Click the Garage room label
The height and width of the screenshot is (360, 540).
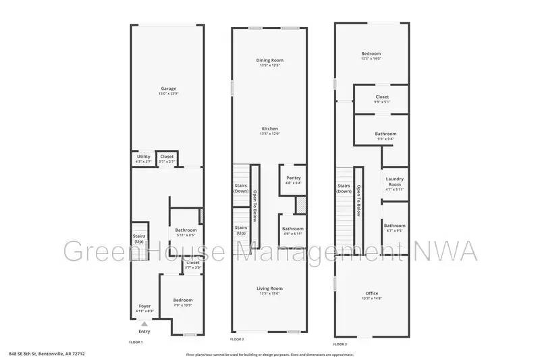[x=168, y=88]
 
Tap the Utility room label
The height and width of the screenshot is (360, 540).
[x=143, y=157]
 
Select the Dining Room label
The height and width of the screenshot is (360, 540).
[x=269, y=61]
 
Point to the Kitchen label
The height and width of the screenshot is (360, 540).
[x=269, y=128]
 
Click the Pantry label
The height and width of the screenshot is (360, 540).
[x=293, y=178]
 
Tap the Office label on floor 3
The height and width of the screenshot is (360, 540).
[x=371, y=293]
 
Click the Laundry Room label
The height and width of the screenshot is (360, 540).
[x=394, y=182]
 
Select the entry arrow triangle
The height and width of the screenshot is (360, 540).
[x=143, y=324]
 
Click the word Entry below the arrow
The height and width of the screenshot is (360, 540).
[x=144, y=332]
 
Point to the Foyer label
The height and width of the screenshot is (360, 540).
[x=145, y=306]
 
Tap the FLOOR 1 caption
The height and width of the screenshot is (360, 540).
[x=136, y=342]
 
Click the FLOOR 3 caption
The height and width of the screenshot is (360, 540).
[x=340, y=344]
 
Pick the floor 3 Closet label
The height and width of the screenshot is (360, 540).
[x=382, y=97]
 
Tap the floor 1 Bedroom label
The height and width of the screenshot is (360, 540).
[x=183, y=300]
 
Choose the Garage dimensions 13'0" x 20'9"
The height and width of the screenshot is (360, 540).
[x=168, y=93]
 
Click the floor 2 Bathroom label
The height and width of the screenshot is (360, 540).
[x=293, y=228]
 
